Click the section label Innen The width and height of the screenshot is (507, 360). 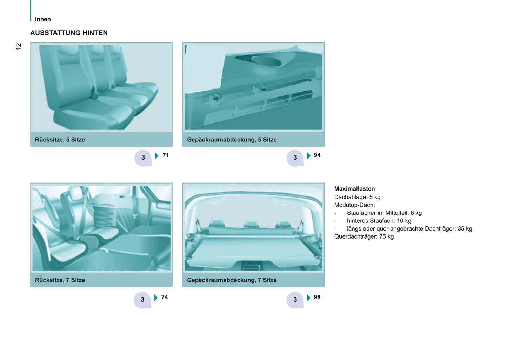pyautogui.click(x=43, y=19)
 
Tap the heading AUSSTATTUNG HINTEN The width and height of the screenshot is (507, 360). pyautogui.click(x=69, y=33)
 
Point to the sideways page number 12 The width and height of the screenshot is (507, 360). pyautogui.click(x=18, y=46)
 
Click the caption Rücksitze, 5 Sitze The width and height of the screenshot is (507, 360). pyautogui.click(x=60, y=140)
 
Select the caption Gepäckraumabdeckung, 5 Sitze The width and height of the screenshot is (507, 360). pyautogui.click(x=232, y=140)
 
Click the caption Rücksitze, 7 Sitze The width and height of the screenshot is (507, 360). pyautogui.click(x=60, y=280)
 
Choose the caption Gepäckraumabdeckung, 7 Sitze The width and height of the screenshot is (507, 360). pyautogui.click(x=232, y=280)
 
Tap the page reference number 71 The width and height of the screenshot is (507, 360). pyautogui.click(x=166, y=155)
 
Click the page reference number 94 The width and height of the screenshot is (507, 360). pyautogui.click(x=317, y=155)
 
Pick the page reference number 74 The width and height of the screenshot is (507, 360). pyautogui.click(x=165, y=297)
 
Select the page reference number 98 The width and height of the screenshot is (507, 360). pyautogui.click(x=317, y=297)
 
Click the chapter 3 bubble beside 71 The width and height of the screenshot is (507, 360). pyautogui.click(x=143, y=158)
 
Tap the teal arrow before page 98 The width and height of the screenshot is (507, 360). pyautogui.click(x=308, y=298)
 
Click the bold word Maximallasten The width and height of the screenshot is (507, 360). pyautogui.click(x=354, y=189)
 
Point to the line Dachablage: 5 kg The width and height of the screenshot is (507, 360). pyautogui.click(x=358, y=197)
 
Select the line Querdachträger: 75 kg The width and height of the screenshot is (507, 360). pyautogui.click(x=364, y=236)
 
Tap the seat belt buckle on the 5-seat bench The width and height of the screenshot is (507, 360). pyautogui.click(x=95, y=93)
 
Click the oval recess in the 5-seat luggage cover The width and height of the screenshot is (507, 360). pyautogui.click(x=266, y=61)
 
